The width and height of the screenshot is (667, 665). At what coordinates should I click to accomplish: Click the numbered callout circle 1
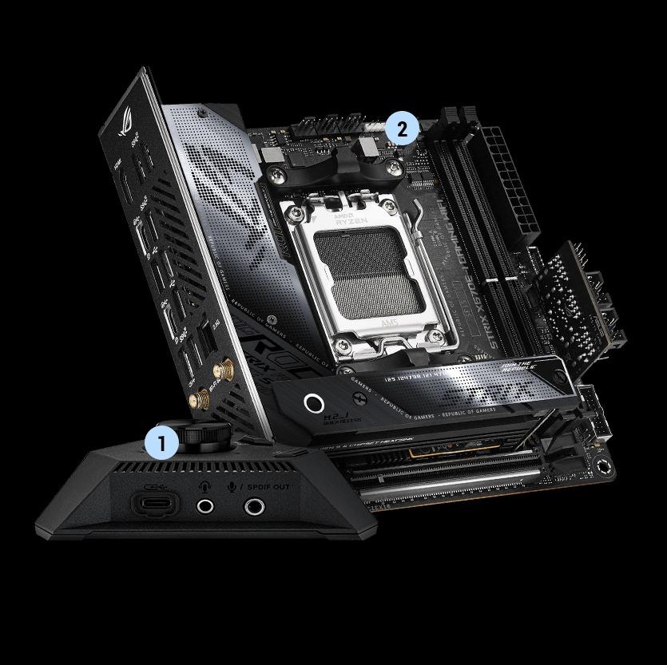pos(162,443)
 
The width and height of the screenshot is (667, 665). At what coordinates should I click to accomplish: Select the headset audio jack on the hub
pos(206,505)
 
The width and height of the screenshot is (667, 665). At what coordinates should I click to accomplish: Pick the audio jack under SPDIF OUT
pos(255,505)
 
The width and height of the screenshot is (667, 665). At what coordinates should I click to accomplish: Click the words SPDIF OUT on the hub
pos(269,486)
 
